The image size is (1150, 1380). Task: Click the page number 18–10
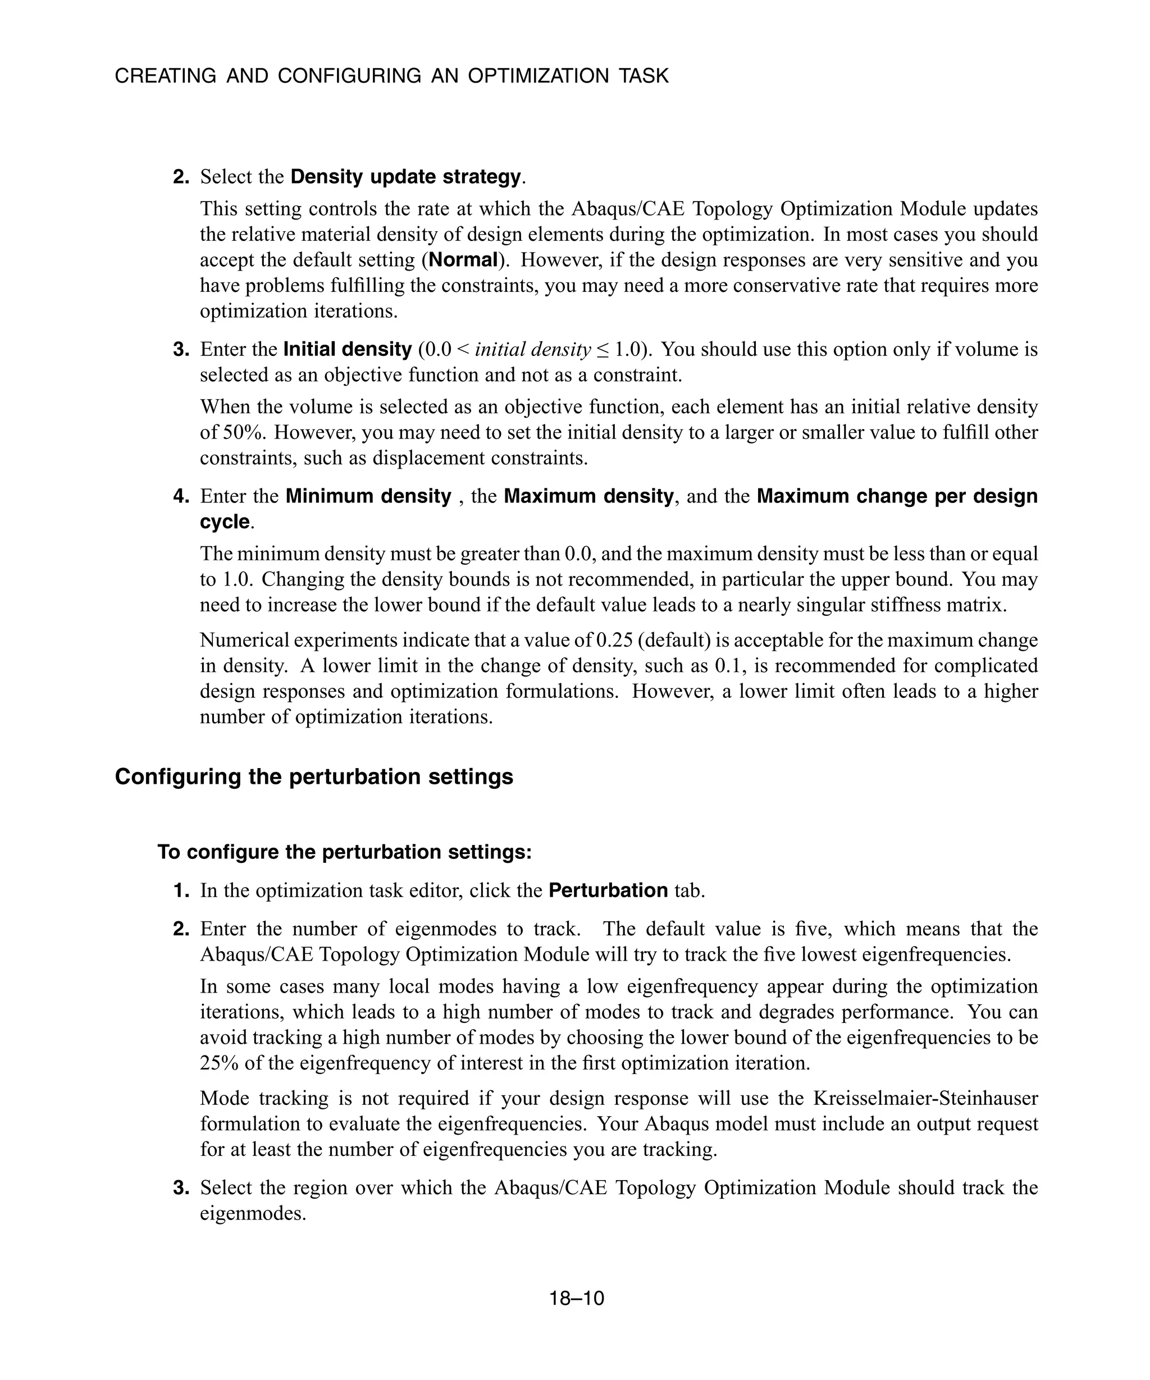click(x=576, y=1299)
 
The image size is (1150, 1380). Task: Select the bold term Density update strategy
click(x=405, y=177)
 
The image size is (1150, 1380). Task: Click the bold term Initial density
click(x=347, y=349)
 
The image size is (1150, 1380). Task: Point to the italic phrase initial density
click(x=532, y=349)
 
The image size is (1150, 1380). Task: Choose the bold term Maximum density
click(x=588, y=496)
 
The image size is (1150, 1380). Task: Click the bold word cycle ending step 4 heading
click(x=225, y=522)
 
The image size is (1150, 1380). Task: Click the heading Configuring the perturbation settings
click(x=314, y=777)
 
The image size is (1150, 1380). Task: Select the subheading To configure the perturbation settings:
click(x=344, y=852)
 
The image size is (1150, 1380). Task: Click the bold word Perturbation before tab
click(x=608, y=890)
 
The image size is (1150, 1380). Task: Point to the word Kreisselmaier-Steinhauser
click(x=925, y=1098)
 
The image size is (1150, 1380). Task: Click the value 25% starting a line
click(x=220, y=1063)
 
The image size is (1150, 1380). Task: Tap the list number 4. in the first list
click(x=181, y=496)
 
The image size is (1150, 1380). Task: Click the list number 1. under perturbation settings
click(x=181, y=890)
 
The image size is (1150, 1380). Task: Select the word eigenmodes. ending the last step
click(x=253, y=1213)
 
